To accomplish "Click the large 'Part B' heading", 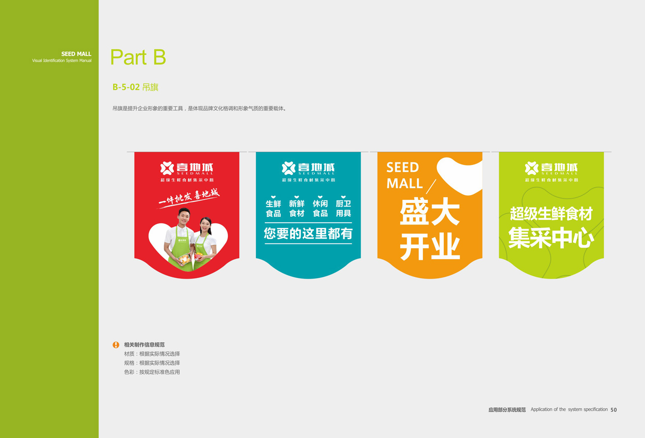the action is [x=138, y=57].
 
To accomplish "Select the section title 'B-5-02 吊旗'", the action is [x=135, y=87].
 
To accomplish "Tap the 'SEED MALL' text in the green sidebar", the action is [x=76, y=54].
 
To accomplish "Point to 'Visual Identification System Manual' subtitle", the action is [x=62, y=60].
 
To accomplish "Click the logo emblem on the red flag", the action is [x=167, y=168].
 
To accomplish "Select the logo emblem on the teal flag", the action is [x=289, y=168].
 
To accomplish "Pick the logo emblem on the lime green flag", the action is [x=532, y=168].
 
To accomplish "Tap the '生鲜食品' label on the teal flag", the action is [x=273, y=209].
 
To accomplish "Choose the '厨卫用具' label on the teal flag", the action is [x=343, y=209].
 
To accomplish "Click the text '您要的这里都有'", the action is [x=308, y=234].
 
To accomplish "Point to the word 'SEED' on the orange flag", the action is [x=403, y=167].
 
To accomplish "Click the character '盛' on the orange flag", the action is [x=414, y=211].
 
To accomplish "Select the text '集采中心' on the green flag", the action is [x=551, y=238].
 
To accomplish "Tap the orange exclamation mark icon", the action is [x=116, y=345].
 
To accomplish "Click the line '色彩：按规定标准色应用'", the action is [x=152, y=372].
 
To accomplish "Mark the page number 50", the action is [x=614, y=410].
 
